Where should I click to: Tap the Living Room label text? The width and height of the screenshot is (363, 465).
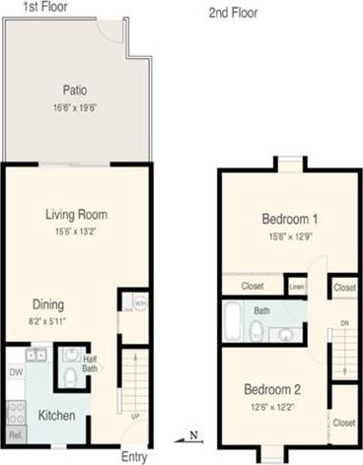(x=76, y=214)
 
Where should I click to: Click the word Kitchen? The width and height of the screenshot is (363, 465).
(x=56, y=416)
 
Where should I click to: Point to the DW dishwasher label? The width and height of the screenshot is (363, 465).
(x=15, y=372)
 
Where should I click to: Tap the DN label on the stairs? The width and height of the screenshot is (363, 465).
(x=342, y=322)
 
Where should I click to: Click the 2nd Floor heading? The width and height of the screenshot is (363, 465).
(x=232, y=13)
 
